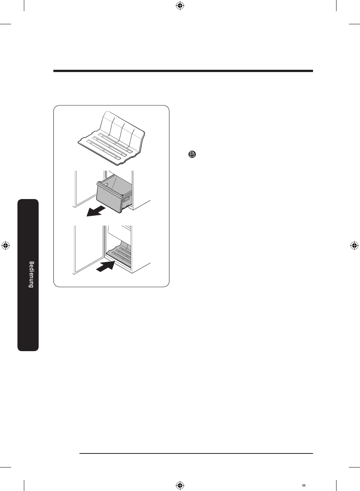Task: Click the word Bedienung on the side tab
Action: pyautogui.click(x=31, y=274)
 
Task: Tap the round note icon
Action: pyautogui.click(x=192, y=154)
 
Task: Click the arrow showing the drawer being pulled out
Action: pyautogui.click(x=96, y=211)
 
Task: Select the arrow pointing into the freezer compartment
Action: pyautogui.click(x=106, y=266)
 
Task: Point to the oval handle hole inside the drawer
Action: pyautogui.click(x=105, y=185)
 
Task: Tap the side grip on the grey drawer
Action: pyautogui.click(x=127, y=199)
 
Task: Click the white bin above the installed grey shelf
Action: pyautogui.click(x=119, y=234)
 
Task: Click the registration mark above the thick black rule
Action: pyautogui.click(x=180, y=6)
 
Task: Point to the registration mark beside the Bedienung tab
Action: pyautogui.click(x=6, y=246)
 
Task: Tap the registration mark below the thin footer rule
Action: pyautogui.click(x=180, y=485)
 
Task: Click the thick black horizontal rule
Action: pyautogui.click(x=183, y=71)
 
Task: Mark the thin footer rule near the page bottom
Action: pyautogui.click(x=196, y=453)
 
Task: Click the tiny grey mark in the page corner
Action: pyautogui.click(x=304, y=486)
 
